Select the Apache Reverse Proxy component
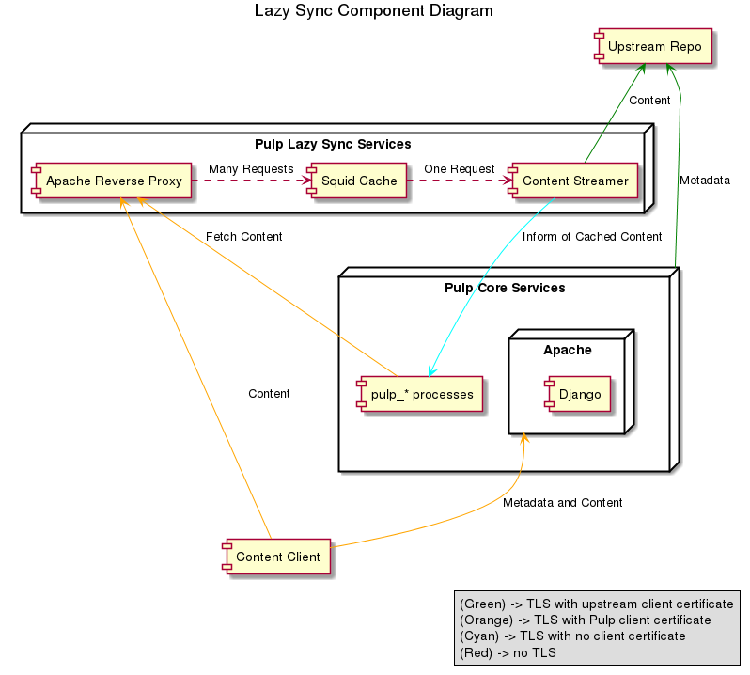point(114,181)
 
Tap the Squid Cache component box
point(358,181)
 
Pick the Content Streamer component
point(575,181)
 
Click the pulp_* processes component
point(422,394)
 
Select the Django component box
point(580,394)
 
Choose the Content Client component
point(277,557)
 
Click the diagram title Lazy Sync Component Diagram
point(373,11)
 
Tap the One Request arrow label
point(459,168)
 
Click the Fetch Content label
point(243,237)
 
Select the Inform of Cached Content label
point(592,237)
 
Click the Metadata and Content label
point(562,503)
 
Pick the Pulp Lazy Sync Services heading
point(333,145)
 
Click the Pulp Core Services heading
point(505,288)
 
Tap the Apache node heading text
point(568,350)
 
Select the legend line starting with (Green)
point(595,604)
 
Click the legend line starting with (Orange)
point(585,620)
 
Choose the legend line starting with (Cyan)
point(572,636)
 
